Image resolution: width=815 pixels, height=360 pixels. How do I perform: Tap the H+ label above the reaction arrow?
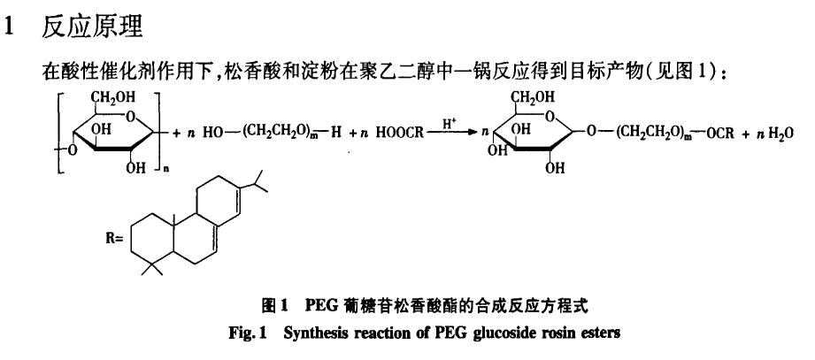coord(450,126)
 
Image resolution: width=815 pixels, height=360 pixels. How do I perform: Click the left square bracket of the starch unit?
coord(59,133)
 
